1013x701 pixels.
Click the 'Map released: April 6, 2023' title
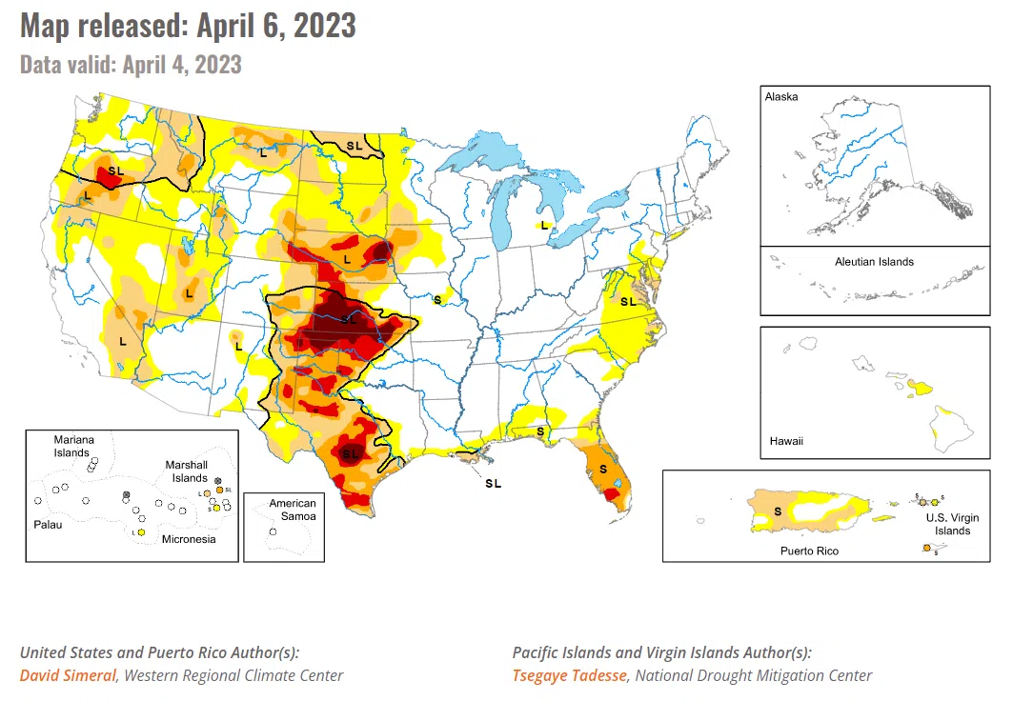pyautogui.click(x=188, y=26)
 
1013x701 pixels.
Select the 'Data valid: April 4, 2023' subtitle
pyautogui.click(x=131, y=65)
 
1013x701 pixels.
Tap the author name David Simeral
pyautogui.click(x=68, y=675)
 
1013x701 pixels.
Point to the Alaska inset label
pyautogui.click(x=780, y=97)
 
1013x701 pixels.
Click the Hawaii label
pyautogui.click(x=786, y=441)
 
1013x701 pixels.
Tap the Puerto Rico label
pyautogui.click(x=809, y=551)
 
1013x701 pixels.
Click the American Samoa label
pyautogui.click(x=292, y=510)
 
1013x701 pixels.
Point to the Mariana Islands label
pyautogui.click(x=73, y=446)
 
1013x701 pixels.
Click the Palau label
pyautogui.click(x=50, y=525)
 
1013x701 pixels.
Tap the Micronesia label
pyautogui.click(x=188, y=539)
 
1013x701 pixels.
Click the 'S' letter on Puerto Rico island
pyautogui.click(x=779, y=511)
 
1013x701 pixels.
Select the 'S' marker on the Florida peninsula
pyautogui.click(x=603, y=470)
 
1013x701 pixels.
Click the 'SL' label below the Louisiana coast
pyautogui.click(x=493, y=484)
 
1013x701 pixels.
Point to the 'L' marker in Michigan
pyautogui.click(x=544, y=226)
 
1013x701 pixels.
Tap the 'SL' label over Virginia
pyautogui.click(x=628, y=301)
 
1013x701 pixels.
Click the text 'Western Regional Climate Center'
pyautogui.click(x=233, y=675)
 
